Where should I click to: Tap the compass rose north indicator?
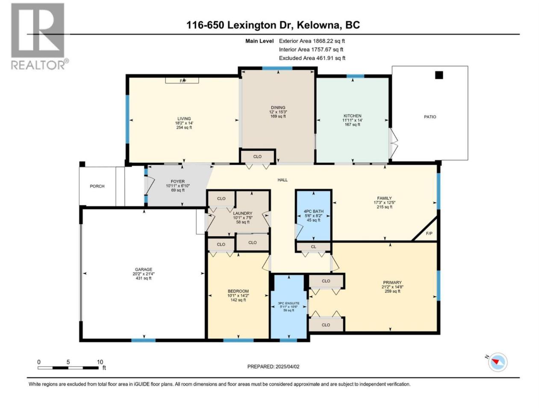click(x=497, y=362)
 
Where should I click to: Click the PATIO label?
click(x=430, y=117)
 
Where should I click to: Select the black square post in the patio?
click(x=439, y=75)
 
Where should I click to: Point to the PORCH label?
click(x=97, y=186)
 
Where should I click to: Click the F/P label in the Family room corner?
click(x=429, y=233)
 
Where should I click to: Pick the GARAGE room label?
click(x=144, y=269)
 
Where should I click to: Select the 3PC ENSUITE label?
click(x=289, y=303)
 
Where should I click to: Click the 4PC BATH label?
click(x=314, y=211)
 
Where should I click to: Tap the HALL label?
click(x=282, y=180)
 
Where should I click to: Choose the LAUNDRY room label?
click(x=242, y=213)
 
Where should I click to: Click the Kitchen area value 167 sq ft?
click(x=353, y=125)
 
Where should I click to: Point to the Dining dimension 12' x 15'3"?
click(x=278, y=112)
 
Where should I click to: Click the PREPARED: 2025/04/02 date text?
click(x=273, y=366)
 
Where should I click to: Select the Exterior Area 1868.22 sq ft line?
click(x=312, y=41)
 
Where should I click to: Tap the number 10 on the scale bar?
click(x=100, y=362)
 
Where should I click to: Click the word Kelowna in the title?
click(x=318, y=25)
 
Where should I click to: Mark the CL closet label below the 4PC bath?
click(x=314, y=247)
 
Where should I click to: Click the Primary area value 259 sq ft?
click(x=392, y=291)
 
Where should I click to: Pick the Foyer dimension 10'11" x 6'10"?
click(x=178, y=186)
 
